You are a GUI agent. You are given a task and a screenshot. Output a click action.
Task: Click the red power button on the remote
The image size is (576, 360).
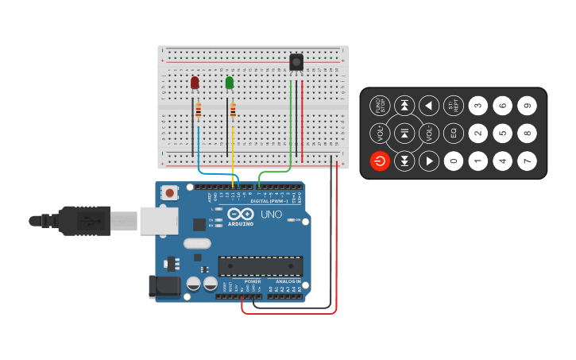click(x=380, y=161)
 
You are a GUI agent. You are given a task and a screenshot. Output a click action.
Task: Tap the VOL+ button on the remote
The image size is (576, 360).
click(x=380, y=134)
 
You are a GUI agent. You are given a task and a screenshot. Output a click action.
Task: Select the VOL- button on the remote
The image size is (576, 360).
click(x=429, y=134)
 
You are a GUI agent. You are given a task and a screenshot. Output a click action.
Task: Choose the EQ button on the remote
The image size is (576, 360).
click(x=454, y=134)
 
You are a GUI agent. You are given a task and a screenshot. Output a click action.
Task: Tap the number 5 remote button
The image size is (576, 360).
click(x=502, y=134)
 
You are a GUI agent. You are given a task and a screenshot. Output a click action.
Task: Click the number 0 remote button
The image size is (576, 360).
click(x=454, y=161)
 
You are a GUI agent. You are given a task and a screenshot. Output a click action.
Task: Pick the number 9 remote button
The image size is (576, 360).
click(x=527, y=106)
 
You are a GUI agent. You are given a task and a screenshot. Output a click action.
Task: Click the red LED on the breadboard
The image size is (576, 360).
click(x=195, y=83)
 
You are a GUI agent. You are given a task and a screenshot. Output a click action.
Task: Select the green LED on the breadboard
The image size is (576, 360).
click(x=230, y=83)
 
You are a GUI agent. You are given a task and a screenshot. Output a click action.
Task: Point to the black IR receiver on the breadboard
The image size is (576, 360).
click(x=296, y=62)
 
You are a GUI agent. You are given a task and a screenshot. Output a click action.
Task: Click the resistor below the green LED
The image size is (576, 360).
click(x=233, y=111)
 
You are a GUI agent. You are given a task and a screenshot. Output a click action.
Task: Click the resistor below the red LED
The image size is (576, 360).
click(x=198, y=111)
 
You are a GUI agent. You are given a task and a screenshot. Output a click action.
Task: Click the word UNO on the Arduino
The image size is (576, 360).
click(x=271, y=215)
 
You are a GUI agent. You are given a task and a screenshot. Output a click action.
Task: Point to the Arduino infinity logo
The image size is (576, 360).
click(x=240, y=214)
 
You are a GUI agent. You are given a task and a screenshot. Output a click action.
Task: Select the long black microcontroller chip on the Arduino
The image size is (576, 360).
click(x=261, y=265)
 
